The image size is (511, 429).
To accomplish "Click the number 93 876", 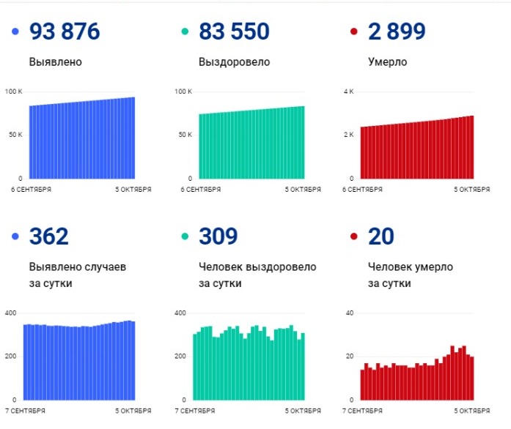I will pyautogui.click(x=65, y=31).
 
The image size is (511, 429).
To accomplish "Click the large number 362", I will pyautogui.click(x=48, y=236).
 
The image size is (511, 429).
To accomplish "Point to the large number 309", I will pyautogui.click(x=218, y=236).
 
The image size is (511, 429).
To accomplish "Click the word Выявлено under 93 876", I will pyautogui.click(x=56, y=62).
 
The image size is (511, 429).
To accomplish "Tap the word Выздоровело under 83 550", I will pyautogui.click(x=235, y=62).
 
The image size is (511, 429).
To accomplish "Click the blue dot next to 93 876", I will pyautogui.click(x=15, y=31).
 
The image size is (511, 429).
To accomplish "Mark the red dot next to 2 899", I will pyautogui.click(x=354, y=31).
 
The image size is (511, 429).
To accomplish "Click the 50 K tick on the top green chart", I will pyautogui.click(x=183, y=135).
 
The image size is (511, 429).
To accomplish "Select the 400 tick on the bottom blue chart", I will pyautogui.click(x=12, y=313).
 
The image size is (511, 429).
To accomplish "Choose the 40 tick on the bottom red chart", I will pyautogui.click(x=349, y=313).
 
